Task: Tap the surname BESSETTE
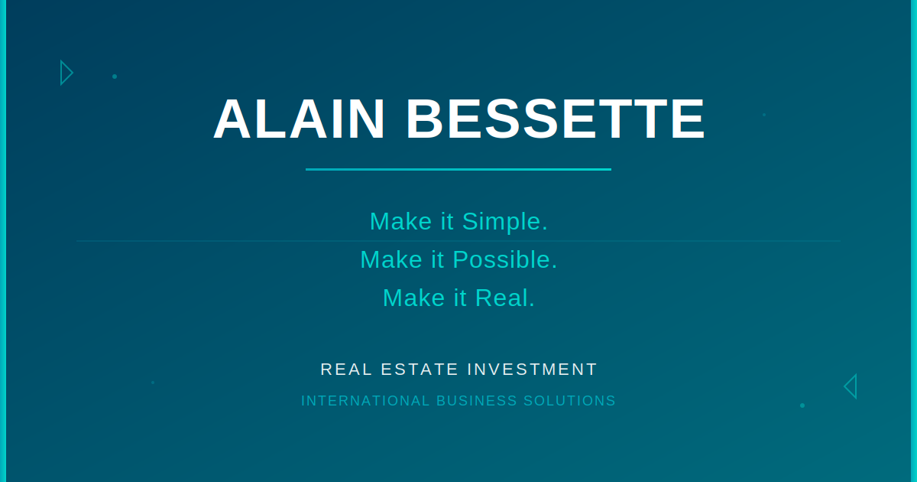(x=555, y=119)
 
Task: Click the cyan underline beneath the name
(x=458, y=169)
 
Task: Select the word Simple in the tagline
(x=505, y=222)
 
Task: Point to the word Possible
(x=505, y=260)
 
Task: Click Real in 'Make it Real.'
(x=505, y=298)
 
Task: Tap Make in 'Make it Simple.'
(x=400, y=222)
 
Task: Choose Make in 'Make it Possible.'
(x=391, y=260)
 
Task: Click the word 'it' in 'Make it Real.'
(x=460, y=298)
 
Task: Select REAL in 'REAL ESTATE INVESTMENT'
(x=346, y=370)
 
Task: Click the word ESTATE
(x=420, y=370)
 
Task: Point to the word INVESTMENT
(x=532, y=370)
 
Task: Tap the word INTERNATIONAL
(x=365, y=401)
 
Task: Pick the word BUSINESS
(x=477, y=401)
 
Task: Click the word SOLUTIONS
(x=569, y=401)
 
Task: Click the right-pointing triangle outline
(x=62, y=73)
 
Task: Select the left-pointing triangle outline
(x=855, y=386)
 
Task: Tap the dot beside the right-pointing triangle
(x=115, y=77)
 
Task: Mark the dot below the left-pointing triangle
(x=802, y=405)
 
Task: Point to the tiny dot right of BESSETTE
(x=764, y=115)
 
